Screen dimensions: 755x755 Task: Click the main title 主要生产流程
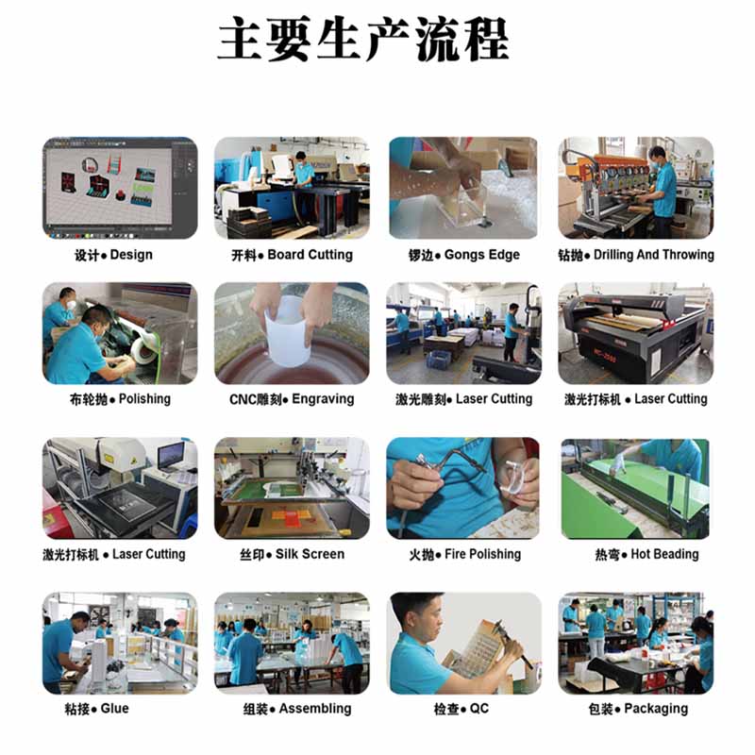tap(363, 39)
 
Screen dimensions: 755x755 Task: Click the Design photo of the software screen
tap(120, 188)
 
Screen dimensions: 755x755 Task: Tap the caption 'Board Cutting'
tap(310, 254)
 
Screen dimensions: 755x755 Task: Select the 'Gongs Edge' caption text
tap(482, 255)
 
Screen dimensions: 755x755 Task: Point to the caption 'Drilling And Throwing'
tap(654, 254)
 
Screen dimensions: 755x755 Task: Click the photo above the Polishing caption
tap(120, 333)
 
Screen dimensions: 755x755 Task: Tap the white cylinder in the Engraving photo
tap(288, 331)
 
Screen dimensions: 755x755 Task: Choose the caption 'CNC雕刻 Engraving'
tap(292, 399)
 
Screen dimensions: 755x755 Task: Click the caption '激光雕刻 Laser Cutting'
tap(464, 399)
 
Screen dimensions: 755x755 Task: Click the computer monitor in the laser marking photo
tap(171, 456)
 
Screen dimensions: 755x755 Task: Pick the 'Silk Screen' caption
tap(310, 554)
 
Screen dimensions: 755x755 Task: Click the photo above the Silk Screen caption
tap(292, 488)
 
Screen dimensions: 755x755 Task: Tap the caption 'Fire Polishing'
tap(482, 554)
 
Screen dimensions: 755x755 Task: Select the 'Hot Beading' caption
tap(664, 554)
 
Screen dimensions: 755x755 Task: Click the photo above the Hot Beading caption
tap(635, 488)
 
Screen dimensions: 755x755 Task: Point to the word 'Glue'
tap(114, 709)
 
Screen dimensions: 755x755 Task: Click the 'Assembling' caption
tap(315, 709)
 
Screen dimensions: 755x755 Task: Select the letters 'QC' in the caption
tap(479, 709)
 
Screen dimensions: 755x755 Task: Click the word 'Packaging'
tap(656, 709)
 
